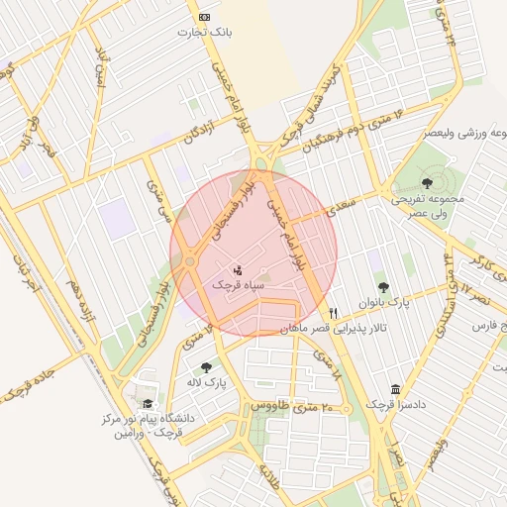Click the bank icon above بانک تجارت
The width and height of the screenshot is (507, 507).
coord(205,17)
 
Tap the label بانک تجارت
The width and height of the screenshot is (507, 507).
coord(204,33)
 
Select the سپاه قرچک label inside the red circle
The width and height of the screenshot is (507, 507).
coord(238,284)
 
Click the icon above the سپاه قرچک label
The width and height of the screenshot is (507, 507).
coord(238,269)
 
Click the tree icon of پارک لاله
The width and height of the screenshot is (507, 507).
coord(206,367)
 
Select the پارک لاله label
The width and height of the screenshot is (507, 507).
coord(207,382)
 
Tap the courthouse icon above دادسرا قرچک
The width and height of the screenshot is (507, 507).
coord(397,389)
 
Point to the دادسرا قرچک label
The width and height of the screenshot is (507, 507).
coord(396,405)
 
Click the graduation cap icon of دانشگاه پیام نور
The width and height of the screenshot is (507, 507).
coord(148,404)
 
